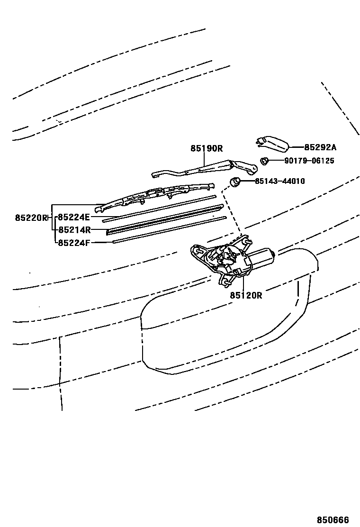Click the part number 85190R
pyautogui.click(x=207, y=148)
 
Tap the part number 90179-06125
pyautogui.click(x=309, y=161)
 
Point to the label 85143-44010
pyautogui.click(x=279, y=181)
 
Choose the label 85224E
pyautogui.click(x=73, y=218)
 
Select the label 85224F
pyautogui.click(x=73, y=243)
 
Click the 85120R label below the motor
pyautogui.click(x=246, y=295)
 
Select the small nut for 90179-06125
pyautogui.click(x=265, y=161)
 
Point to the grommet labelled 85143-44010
pyautogui.click(x=234, y=181)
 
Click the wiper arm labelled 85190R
pyautogui.click(x=204, y=168)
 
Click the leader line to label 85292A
pyautogui.click(x=296, y=147)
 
